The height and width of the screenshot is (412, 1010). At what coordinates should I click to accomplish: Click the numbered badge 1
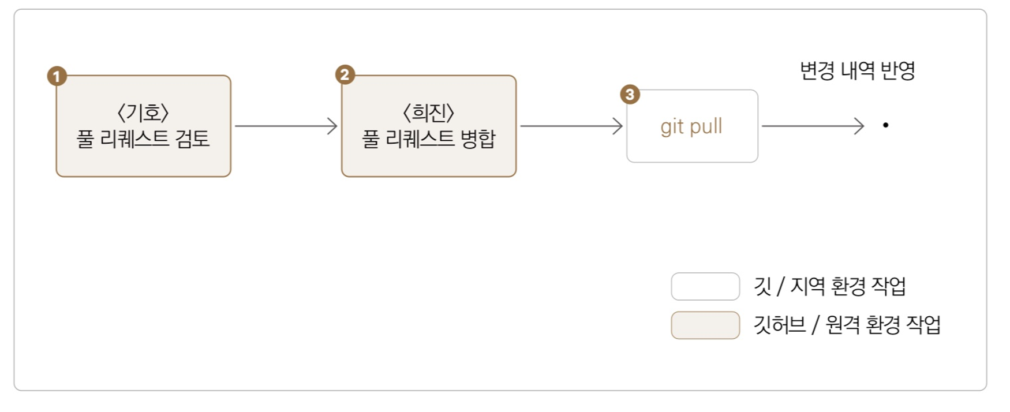coord(57,76)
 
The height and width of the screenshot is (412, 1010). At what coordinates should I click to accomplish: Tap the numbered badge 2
coord(345,75)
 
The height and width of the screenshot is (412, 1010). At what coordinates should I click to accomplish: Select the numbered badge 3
coord(630,95)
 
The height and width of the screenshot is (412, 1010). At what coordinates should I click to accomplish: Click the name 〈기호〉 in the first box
coord(143,113)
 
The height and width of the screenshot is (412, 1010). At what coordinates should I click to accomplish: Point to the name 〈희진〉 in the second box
coord(428,113)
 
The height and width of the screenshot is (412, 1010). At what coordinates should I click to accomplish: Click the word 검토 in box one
coord(192,139)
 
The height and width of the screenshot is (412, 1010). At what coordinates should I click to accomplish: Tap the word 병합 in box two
coord(478,139)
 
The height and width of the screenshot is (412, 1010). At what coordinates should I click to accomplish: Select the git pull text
coord(691,126)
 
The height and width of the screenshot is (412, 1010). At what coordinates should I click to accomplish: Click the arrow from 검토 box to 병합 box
coord(286,126)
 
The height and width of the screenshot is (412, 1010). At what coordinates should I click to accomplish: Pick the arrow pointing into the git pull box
coord(571,126)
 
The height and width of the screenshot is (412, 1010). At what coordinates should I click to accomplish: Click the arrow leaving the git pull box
coord(813,126)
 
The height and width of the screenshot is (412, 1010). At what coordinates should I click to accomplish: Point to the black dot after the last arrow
coord(885,125)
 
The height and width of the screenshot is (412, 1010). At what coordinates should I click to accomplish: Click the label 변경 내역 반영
coord(857,71)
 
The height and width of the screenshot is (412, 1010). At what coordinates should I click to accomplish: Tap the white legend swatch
coord(705,287)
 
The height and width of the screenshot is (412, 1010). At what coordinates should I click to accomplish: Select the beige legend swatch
coord(705,325)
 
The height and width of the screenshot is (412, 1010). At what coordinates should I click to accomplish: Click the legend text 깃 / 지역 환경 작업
coord(829,286)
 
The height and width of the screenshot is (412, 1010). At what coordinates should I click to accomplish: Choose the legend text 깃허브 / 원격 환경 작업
coord(847,325)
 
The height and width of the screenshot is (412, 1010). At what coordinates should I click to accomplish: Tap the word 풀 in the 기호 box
coord(85,139)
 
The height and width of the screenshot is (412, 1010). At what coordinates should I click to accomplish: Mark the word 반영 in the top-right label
coord(898,71)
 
